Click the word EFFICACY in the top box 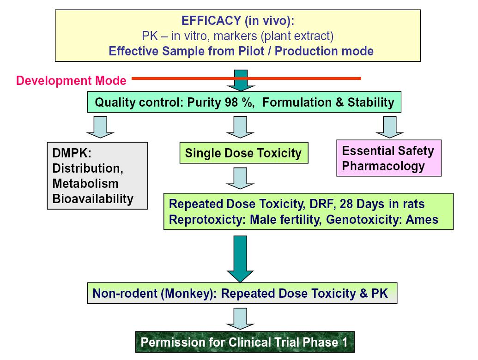tap(211, 21)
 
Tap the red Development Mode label tap(71, 80)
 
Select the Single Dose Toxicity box tap(244, 153)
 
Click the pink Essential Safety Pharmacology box tap(389, 158)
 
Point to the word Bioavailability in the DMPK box tap(93, 198)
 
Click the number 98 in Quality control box tap(231, 102)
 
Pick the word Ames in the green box tap(422, 219)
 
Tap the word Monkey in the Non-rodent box tap(188, 293)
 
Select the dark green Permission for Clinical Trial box tap(245, 342)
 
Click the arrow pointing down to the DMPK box tap(100, 127)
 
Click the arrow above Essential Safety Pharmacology tap(390, 127)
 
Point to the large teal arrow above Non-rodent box tap(240, 259)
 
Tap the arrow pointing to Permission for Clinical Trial tap(240, 318)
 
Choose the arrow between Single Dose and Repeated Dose tap(240, 178)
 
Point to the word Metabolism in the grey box tap(85, 183)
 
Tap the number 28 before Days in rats tap(346, 204)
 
